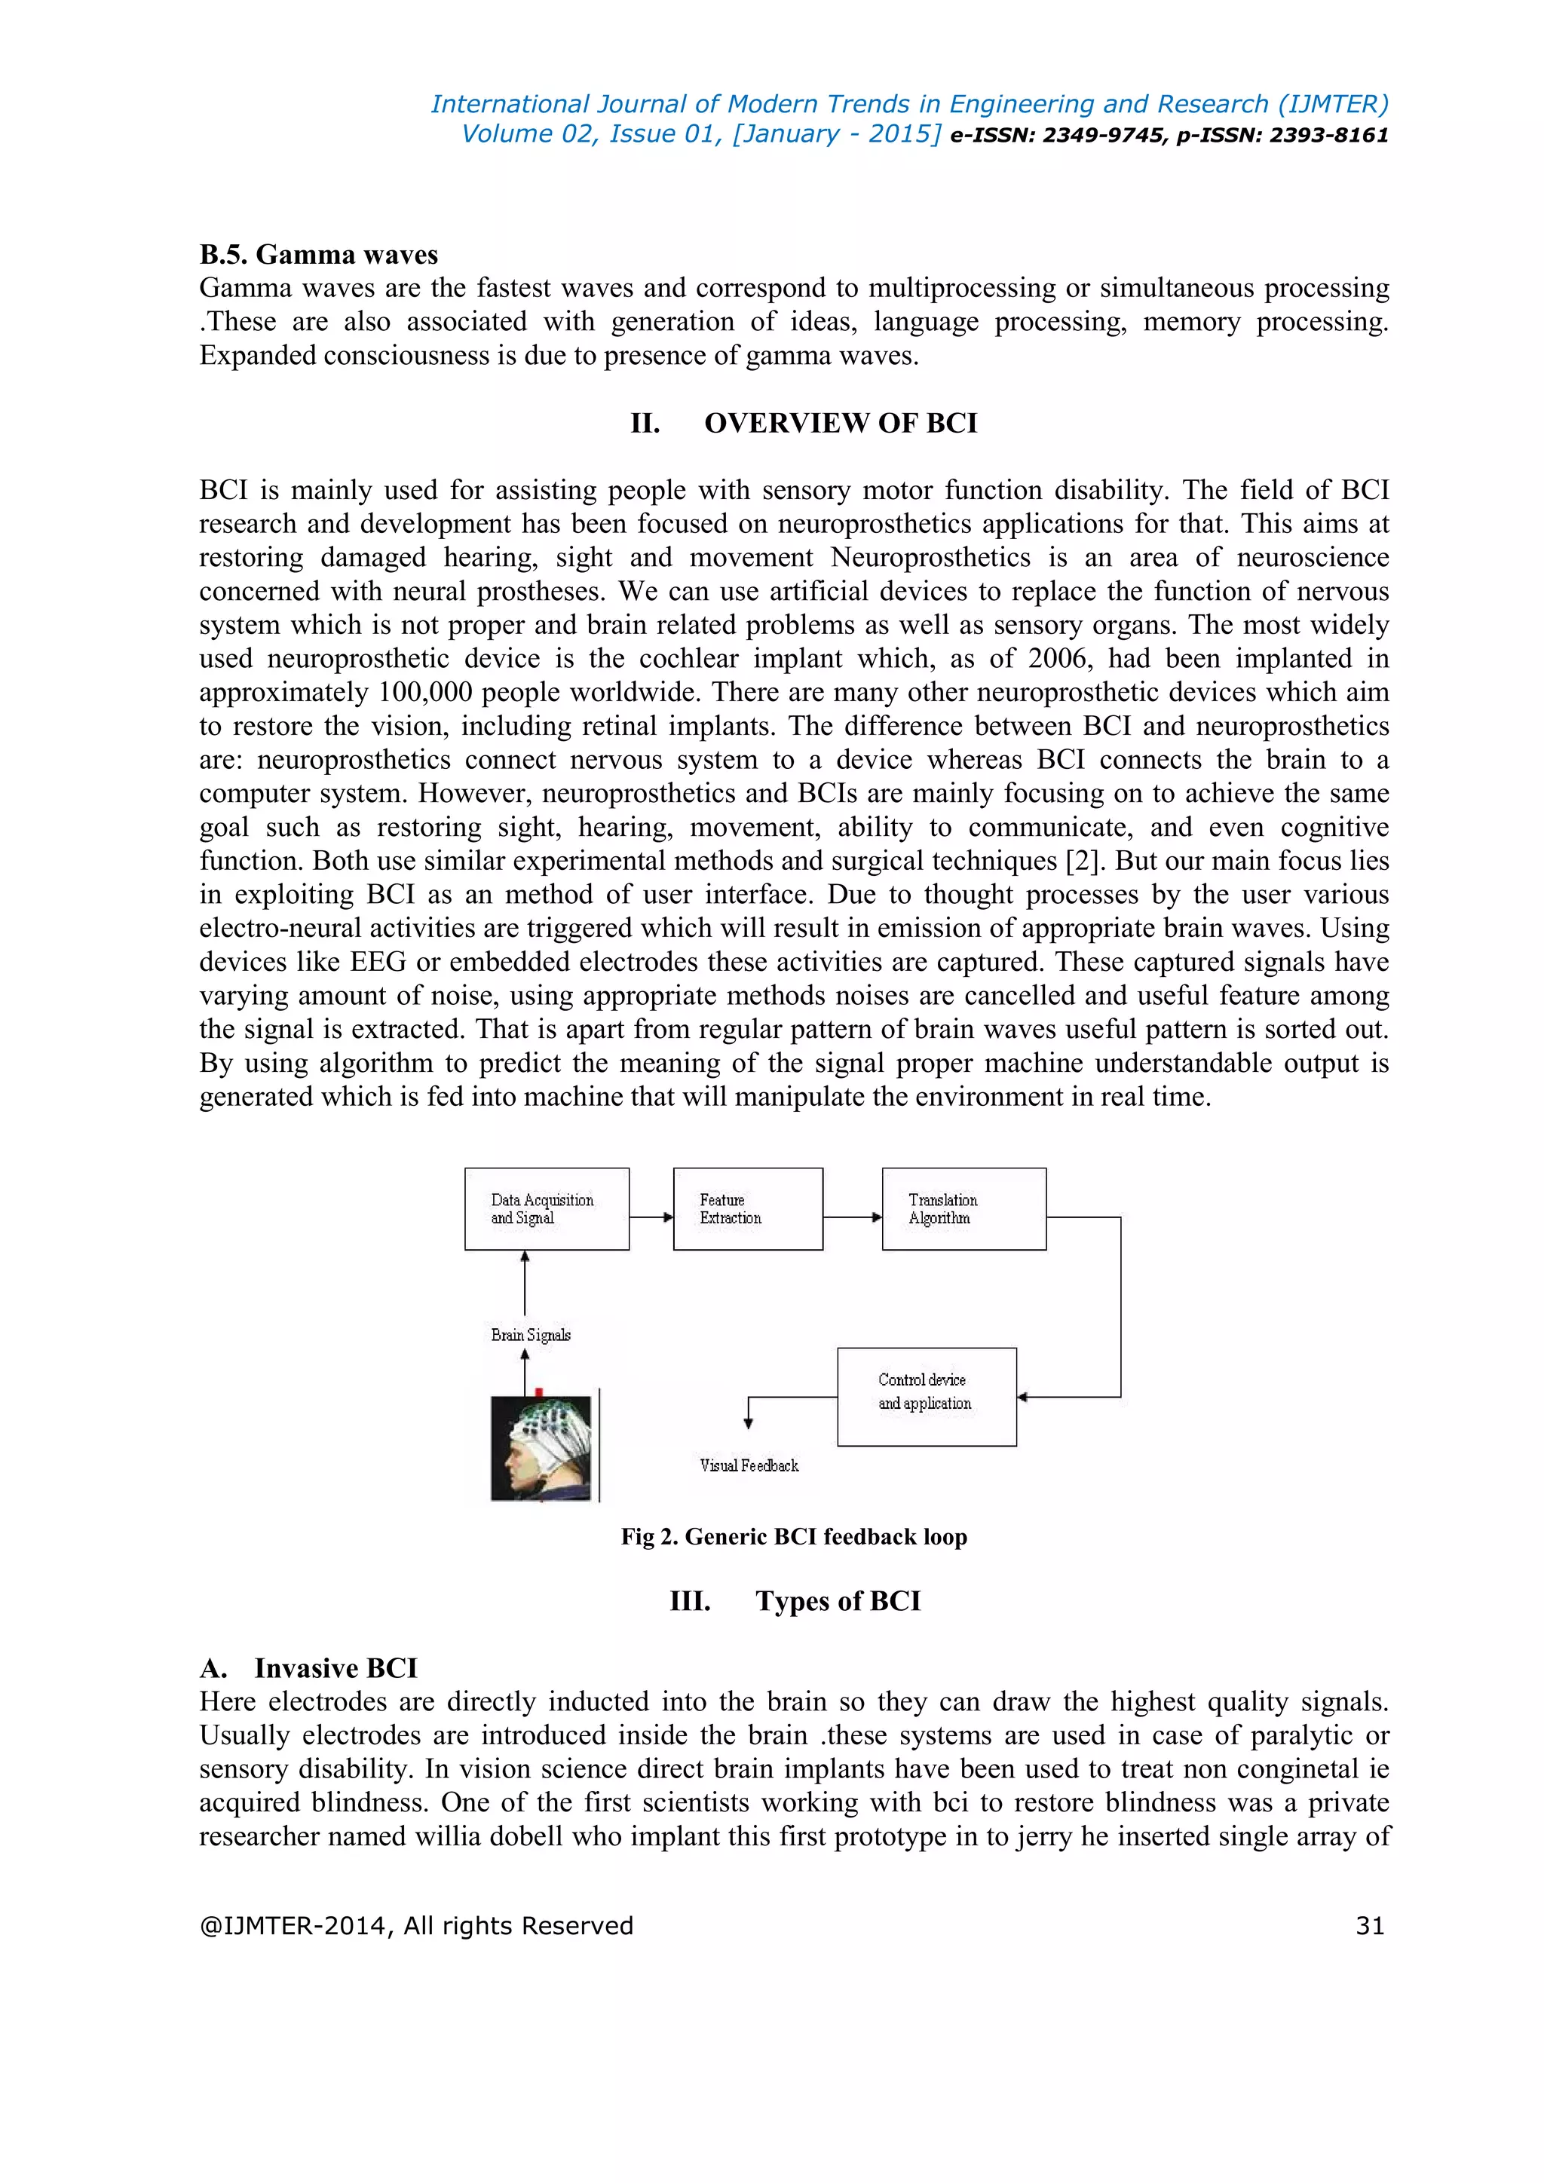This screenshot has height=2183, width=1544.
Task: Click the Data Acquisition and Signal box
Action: click(547, 1208)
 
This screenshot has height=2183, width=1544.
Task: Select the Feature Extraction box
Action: click(747, 1208)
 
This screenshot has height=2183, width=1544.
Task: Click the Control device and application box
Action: click(926, 1396)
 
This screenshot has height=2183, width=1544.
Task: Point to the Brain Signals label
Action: click(531, 1335)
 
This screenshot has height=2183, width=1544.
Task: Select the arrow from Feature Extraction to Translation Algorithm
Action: click(852, 1217)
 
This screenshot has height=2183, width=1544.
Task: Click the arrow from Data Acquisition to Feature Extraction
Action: click(651, 1217)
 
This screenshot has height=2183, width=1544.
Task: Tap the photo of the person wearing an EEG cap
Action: click(540, 1447)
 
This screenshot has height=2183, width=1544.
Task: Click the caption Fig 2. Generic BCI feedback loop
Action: click(794, 1536)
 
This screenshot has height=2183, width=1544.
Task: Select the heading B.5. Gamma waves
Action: click(318, 255)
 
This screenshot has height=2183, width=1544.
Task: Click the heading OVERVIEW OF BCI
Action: click(841, 423)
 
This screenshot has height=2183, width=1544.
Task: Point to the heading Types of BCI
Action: click(838, 1601)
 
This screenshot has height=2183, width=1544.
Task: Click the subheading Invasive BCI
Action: click(335, 1669)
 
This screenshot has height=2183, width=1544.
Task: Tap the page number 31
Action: click(1369, 1925)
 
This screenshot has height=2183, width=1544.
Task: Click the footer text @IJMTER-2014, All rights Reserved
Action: click(415, 1925)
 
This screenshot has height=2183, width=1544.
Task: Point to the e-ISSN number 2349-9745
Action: click(1103, 135)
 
